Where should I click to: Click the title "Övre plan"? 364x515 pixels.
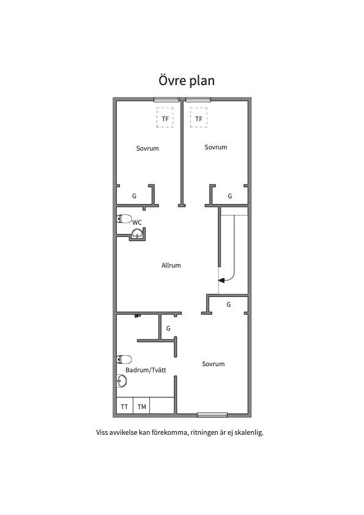point(187,80)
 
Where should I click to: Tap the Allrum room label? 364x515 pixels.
point(171,265)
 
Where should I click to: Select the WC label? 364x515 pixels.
point(137,223)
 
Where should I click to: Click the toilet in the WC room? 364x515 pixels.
point(124,219)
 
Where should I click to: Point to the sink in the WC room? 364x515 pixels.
point(136,233)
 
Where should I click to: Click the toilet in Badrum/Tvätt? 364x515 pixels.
point(124,359)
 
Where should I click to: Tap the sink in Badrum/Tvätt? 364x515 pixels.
point(122,381)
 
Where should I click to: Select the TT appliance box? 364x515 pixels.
point(125,407)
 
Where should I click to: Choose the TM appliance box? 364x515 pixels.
point(141,407)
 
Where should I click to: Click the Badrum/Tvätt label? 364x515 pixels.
point(146,370)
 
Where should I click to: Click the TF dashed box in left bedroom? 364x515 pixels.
point(165,118)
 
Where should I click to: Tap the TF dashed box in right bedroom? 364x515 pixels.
point(199,118)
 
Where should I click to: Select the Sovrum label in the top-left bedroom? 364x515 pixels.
point(147,148)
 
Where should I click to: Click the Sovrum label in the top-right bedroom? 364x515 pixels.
point(215,147)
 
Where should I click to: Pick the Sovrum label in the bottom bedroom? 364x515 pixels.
point(214,364)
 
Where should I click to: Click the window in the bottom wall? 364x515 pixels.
point(212,415)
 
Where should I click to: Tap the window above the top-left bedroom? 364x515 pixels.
point(167,99)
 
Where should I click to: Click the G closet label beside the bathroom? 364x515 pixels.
point(168,328)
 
